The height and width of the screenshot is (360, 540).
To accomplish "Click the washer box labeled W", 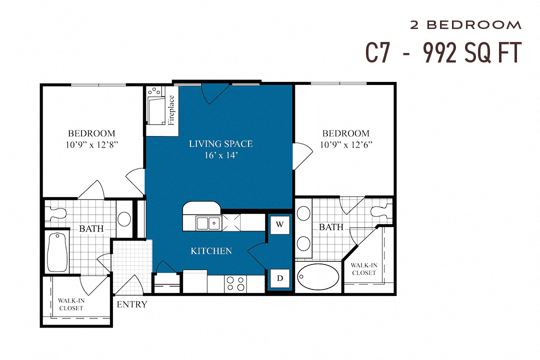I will pyautogui.click(x=279, y=224).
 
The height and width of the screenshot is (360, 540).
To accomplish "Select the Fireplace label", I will pyautogui.click(x=171, y=110).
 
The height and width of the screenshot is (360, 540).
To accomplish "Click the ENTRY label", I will pyautogui.click(x=132, y=304).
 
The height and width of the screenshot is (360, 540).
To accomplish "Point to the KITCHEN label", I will pyautogui.click(x=211, y=251).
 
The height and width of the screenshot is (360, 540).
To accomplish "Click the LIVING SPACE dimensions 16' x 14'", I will pyautogui.click(x=221, y=155).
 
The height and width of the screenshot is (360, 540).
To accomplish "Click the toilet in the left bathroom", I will pyautogui.click(x=56, y=213).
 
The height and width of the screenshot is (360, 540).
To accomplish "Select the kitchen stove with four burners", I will pyautogui.click(x=235, y=283).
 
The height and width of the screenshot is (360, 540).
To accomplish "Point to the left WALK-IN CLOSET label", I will pyautogui.click(x=70, y=304).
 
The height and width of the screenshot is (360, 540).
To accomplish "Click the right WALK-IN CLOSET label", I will pyautogui.click(x=363, y=269).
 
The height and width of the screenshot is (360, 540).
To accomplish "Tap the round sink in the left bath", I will pyautogui.click(x=124, y=218).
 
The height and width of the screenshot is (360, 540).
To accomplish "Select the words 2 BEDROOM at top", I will pyautogui.click(x=465, y=25).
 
